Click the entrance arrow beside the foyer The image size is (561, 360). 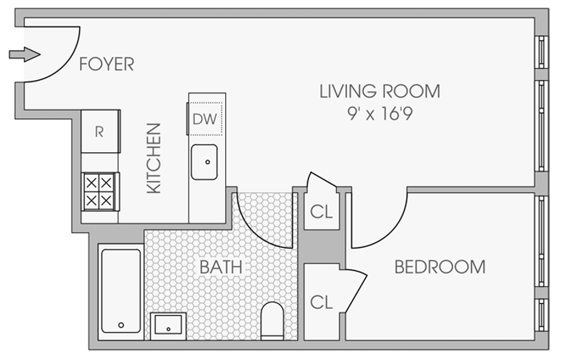coord(25,55)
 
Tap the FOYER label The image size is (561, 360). coord(107,64)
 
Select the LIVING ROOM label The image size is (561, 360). coord(379,91)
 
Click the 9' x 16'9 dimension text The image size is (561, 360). coord(379,114)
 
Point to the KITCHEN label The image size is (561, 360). coord(154,159)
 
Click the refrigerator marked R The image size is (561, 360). coord(100,131)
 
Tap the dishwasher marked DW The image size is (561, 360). coord(205,119)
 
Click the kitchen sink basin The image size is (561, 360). coord(204,162)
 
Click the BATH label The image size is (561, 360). coord(221,267)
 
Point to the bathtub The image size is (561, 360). coord(121,291)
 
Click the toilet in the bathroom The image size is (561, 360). coord(272,321)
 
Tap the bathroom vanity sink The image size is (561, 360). coord(168,326)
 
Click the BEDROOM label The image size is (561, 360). coord(440,267)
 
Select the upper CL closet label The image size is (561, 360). coord(321,211)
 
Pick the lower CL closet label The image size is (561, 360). coord(321,302)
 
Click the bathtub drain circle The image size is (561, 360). coord(121,325)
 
